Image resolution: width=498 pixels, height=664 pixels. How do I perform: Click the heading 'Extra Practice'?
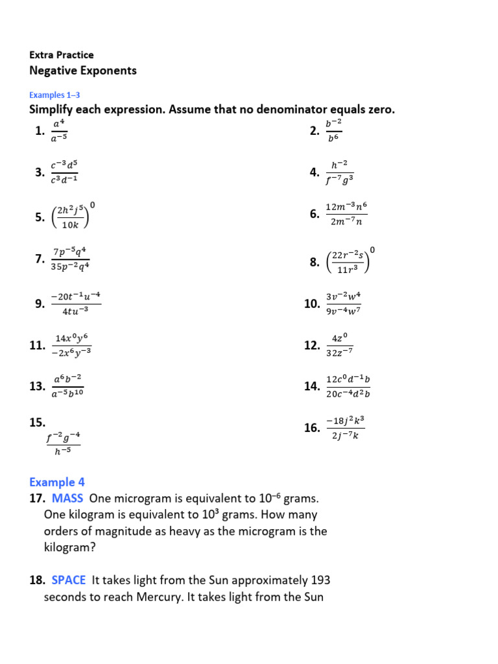(62, 55)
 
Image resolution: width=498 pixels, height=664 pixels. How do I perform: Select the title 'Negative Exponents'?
(83, 71)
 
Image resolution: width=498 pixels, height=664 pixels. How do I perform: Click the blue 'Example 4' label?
(57, 482)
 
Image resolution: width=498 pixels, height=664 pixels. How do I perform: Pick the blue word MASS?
(67, 499)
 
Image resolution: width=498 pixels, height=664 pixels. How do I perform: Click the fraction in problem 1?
(60, 132)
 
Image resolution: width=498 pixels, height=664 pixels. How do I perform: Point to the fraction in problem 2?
(333, 132)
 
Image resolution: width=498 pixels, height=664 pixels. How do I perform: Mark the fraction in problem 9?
(77, 303)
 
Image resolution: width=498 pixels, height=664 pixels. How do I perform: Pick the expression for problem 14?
(348, 386)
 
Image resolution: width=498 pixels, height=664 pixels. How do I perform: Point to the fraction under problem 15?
(63, 445)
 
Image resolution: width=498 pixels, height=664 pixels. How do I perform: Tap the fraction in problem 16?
(346, 428)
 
